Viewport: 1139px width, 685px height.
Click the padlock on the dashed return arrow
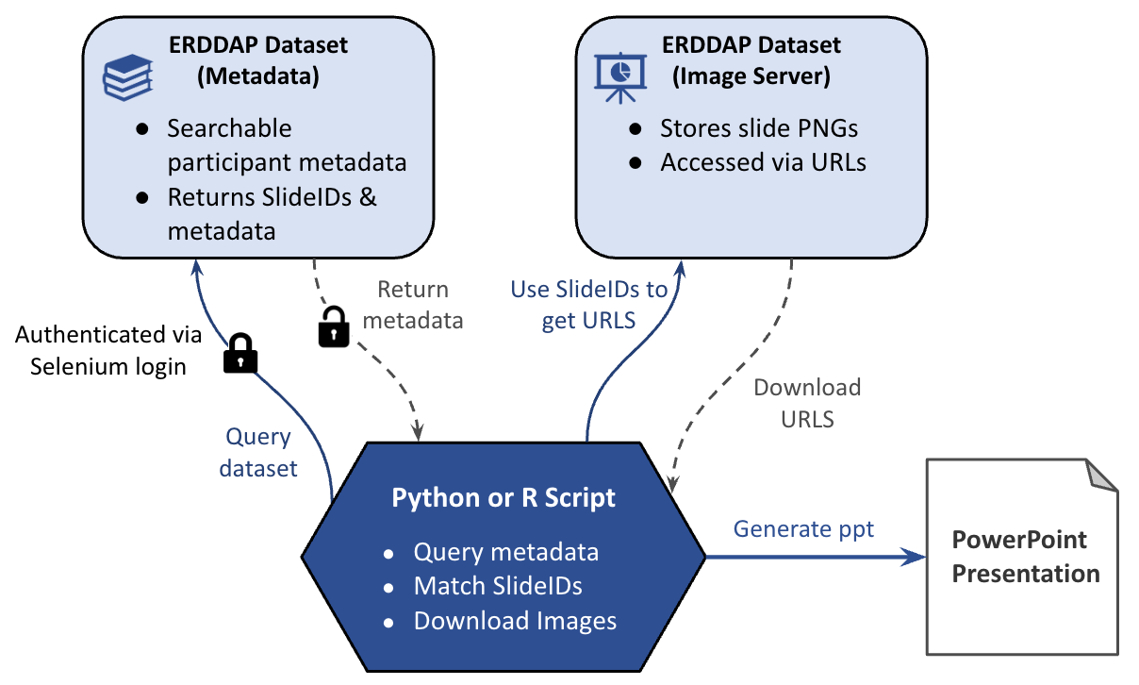coord(334,326)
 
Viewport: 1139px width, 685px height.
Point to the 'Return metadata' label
coord(413,304)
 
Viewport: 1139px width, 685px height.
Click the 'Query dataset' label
coord(258,453)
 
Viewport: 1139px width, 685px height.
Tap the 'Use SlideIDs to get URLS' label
coord(588,305)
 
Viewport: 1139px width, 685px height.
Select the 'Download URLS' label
coord(807,403)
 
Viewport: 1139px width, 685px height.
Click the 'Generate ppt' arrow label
coord(803,529)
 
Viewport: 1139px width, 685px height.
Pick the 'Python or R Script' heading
coord(503,497)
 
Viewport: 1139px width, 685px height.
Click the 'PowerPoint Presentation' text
coord(1025,557)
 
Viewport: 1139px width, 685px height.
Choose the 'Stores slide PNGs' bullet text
coord(759,128)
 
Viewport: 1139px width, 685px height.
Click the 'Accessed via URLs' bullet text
coord(763,162)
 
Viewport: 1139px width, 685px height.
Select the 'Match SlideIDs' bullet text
coord(498,586)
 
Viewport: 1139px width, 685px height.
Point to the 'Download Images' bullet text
coord(515,621)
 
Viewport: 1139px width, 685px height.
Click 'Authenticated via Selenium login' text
coord(108,350)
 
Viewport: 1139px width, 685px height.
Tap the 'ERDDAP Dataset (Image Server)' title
coord(751,60)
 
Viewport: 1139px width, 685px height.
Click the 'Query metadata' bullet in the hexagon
coord(505,552)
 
